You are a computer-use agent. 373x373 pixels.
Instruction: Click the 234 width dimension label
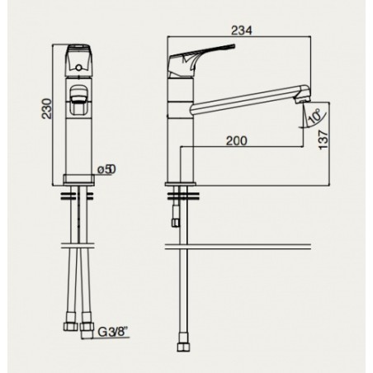click(241, 31)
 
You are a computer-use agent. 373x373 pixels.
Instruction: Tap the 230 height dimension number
click(47, 108)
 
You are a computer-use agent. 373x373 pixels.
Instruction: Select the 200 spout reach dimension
click(237, 141)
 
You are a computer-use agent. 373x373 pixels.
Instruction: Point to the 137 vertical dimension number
click(323, 140)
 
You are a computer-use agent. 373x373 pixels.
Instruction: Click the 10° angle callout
click(314, 116)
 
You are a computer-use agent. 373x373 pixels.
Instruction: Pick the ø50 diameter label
click(106, 169)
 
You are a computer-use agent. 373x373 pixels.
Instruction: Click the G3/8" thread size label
click(114, 332)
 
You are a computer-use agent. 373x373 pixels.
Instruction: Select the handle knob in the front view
click(78, 60)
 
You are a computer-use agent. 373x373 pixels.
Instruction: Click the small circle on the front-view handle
click(78, 68)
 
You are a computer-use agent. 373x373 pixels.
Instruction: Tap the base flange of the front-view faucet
click(78, 179)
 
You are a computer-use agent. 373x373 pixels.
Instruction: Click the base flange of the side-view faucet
click(181, 184)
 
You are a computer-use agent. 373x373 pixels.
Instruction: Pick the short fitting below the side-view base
click(176, 219)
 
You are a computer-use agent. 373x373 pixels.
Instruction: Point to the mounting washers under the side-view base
click(182, 196)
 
